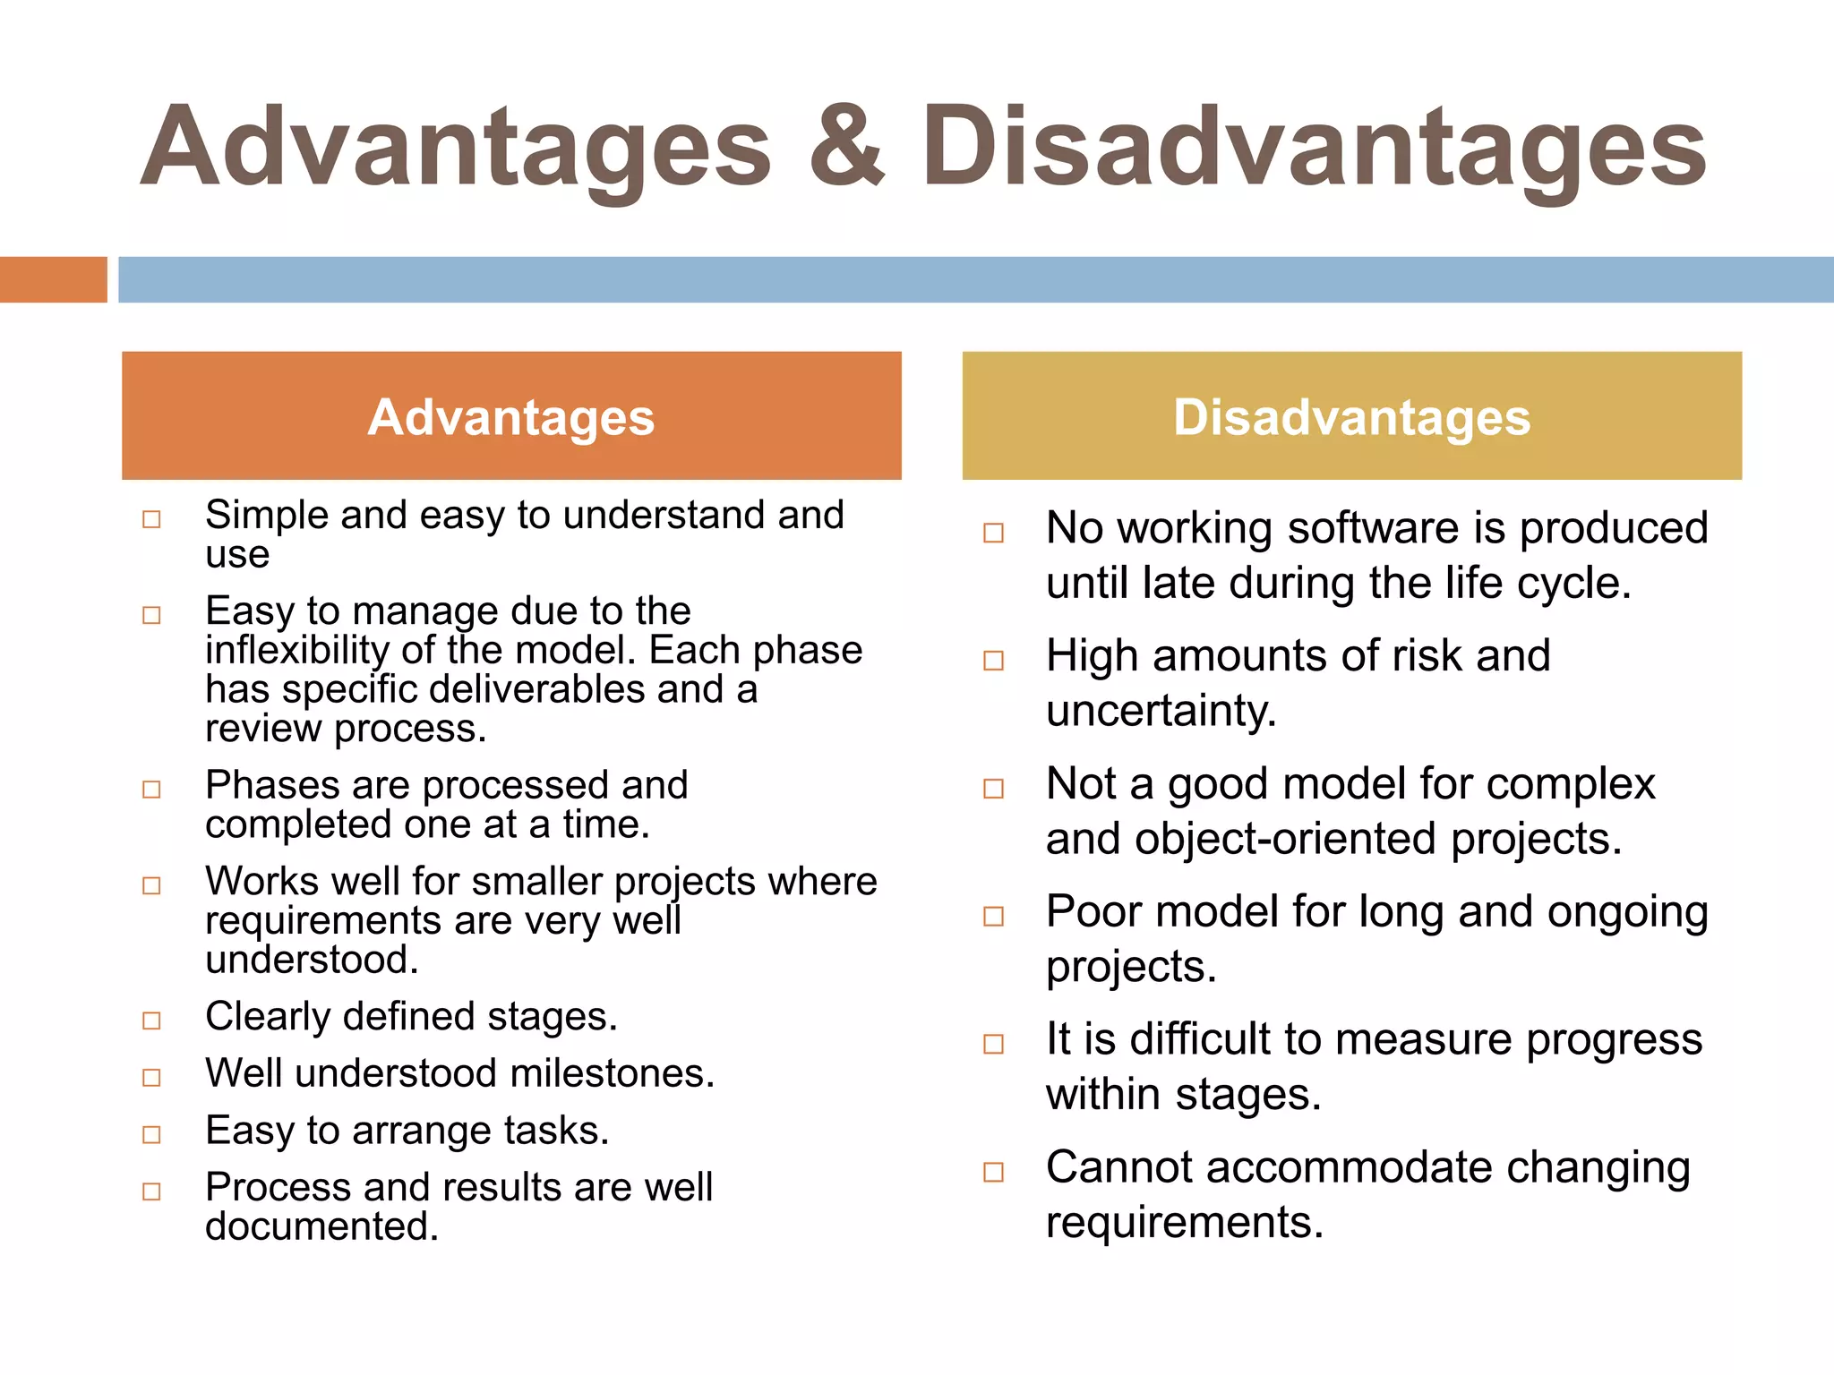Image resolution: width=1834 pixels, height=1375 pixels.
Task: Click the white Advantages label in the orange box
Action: pyautogui.click(x=511, y=417)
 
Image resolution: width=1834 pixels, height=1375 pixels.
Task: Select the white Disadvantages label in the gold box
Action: pyautogui.click(x=1352, y=417)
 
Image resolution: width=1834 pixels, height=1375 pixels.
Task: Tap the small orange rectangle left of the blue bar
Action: pyautogui.click(x=53, y=279)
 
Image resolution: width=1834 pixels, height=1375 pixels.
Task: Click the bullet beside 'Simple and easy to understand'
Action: pyautogui.click(x=152, y=519)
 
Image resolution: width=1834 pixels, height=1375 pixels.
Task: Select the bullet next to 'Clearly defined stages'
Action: pyautogui.click(x=152, y=1021)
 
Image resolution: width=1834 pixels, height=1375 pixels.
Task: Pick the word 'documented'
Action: pyautogui.click(x=321, y=1226)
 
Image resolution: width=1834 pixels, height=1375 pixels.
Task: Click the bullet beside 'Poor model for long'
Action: pyautogui.click(x=993, y=917)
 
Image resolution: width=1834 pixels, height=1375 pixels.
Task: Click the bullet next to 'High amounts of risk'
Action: pyautogui.click(x=993, y=661)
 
